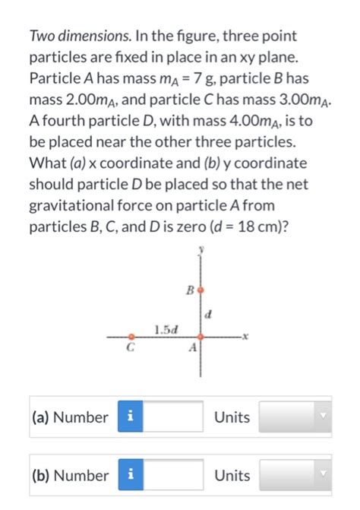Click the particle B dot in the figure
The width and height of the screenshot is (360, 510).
pyautogui.click(x=201, y=290)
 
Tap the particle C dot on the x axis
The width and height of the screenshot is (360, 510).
pyautogui.click(x=131, y=335)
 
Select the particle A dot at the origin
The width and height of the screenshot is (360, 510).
pyautogui.click(x=201, y=335)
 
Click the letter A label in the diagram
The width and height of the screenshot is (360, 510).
pyautogui.click(x=192, y=347)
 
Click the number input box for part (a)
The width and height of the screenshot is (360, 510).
pyautogui.click(x=172, y=417)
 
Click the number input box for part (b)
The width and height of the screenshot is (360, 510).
pyautogui.click(x=172, y=476)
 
